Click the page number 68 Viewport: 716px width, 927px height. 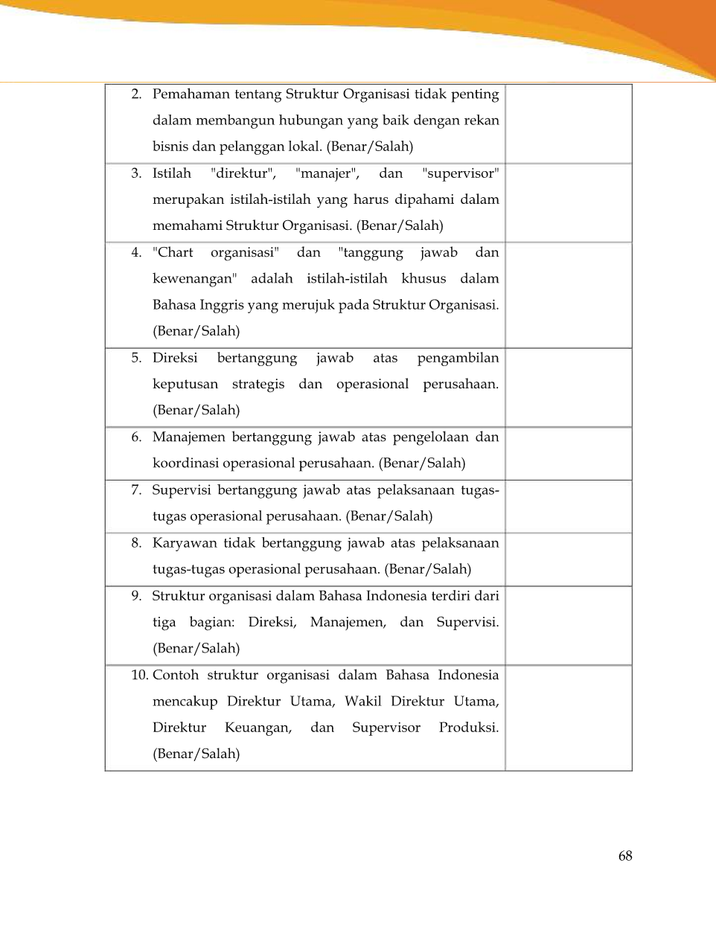pyautogui.click(x=625, y=856)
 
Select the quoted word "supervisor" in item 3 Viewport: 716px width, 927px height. pyautogui.click(x=460, y=173)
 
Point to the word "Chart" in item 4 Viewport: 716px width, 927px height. pyautogui.click(x=173, y=252)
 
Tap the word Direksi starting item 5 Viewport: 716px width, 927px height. pyautogui.click(x=175, y=358)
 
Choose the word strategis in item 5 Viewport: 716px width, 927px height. pyautogui.click(x=258, y=385)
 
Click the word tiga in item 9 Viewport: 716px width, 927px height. pyautogui.click(x=164, y=622)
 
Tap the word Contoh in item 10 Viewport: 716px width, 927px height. pyautogui.click(x=176, y=675)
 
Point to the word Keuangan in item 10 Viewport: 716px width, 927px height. pyautogui.click(x=258, y=728)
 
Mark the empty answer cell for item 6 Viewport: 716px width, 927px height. pyautogui.click(x=569, y=453)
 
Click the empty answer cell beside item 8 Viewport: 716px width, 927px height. pyautogui.click(x=569, y=559)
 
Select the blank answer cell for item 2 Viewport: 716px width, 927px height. pyautogui.click(x=569, y=124)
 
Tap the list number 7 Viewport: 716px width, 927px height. pyautogui.click(x=136, y=490)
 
